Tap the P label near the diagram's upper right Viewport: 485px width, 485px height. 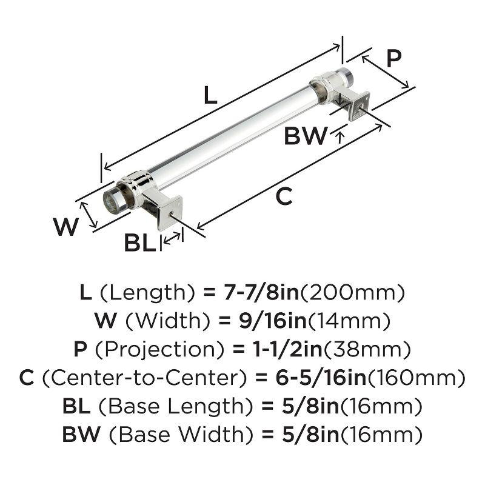pyautogui.click(x=393, y=58)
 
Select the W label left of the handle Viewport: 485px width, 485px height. pyautogui.click(x=66, y=227)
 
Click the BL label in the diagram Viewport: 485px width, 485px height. pyautogui.click(x=140, y=243)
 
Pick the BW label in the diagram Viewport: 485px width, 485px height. pyautogui.click(x=306, y=136)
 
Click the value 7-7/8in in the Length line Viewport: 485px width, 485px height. pyautogui.click(x=259, y=293)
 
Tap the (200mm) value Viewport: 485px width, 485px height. pyautogui.click(x=353, y=293)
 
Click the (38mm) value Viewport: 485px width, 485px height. pyautogui.click(x=370, y=350)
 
